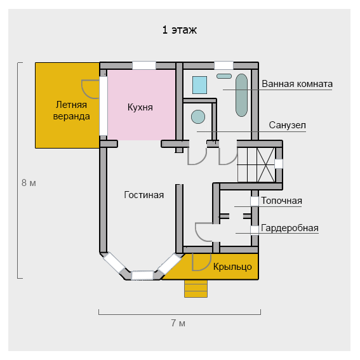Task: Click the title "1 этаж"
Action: pos(179,30)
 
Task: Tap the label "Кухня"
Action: pos(140,107)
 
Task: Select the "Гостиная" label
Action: pos(143,195)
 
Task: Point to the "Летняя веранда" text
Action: pos(71,110)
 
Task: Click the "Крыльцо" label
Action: pos(232,267)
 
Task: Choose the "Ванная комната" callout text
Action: pos(297,84)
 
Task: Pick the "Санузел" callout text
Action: pos(287,125)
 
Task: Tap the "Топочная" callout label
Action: pos(281,201)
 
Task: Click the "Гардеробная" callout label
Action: pos(290,228)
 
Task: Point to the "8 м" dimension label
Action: pos(29,183)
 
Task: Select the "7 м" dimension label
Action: pos(178,323)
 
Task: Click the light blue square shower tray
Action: pos(199,85)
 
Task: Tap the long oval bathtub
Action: pos(241,95)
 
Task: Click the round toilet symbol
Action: pos(198,117)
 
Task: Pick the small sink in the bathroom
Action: pos(224,76)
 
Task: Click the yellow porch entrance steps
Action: pos(196,289)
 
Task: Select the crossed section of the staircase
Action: pos(265,165)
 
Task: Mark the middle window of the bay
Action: pos(143,276)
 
